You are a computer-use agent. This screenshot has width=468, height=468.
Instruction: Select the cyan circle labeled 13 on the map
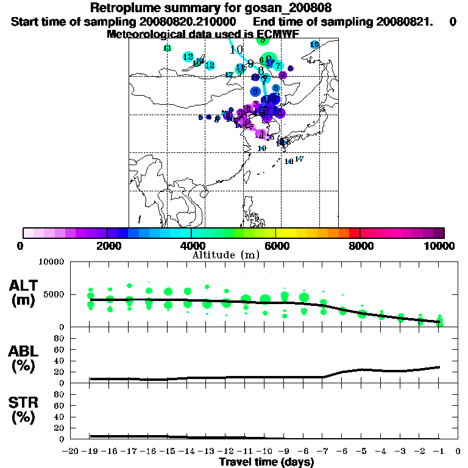point(188,57)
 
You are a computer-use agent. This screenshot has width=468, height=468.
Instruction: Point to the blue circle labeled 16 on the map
point(314,44)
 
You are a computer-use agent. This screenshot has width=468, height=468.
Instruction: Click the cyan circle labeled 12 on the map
point(210,65)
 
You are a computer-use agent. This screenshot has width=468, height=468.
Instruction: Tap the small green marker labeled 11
point(168,48)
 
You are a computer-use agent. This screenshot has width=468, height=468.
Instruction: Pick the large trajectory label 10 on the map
point(236,49)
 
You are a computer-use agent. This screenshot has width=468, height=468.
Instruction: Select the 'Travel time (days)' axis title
point(266,462)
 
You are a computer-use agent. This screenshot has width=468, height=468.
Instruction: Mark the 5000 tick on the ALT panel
point(55,295)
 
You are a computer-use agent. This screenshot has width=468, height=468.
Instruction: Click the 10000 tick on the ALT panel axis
point(52,263)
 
